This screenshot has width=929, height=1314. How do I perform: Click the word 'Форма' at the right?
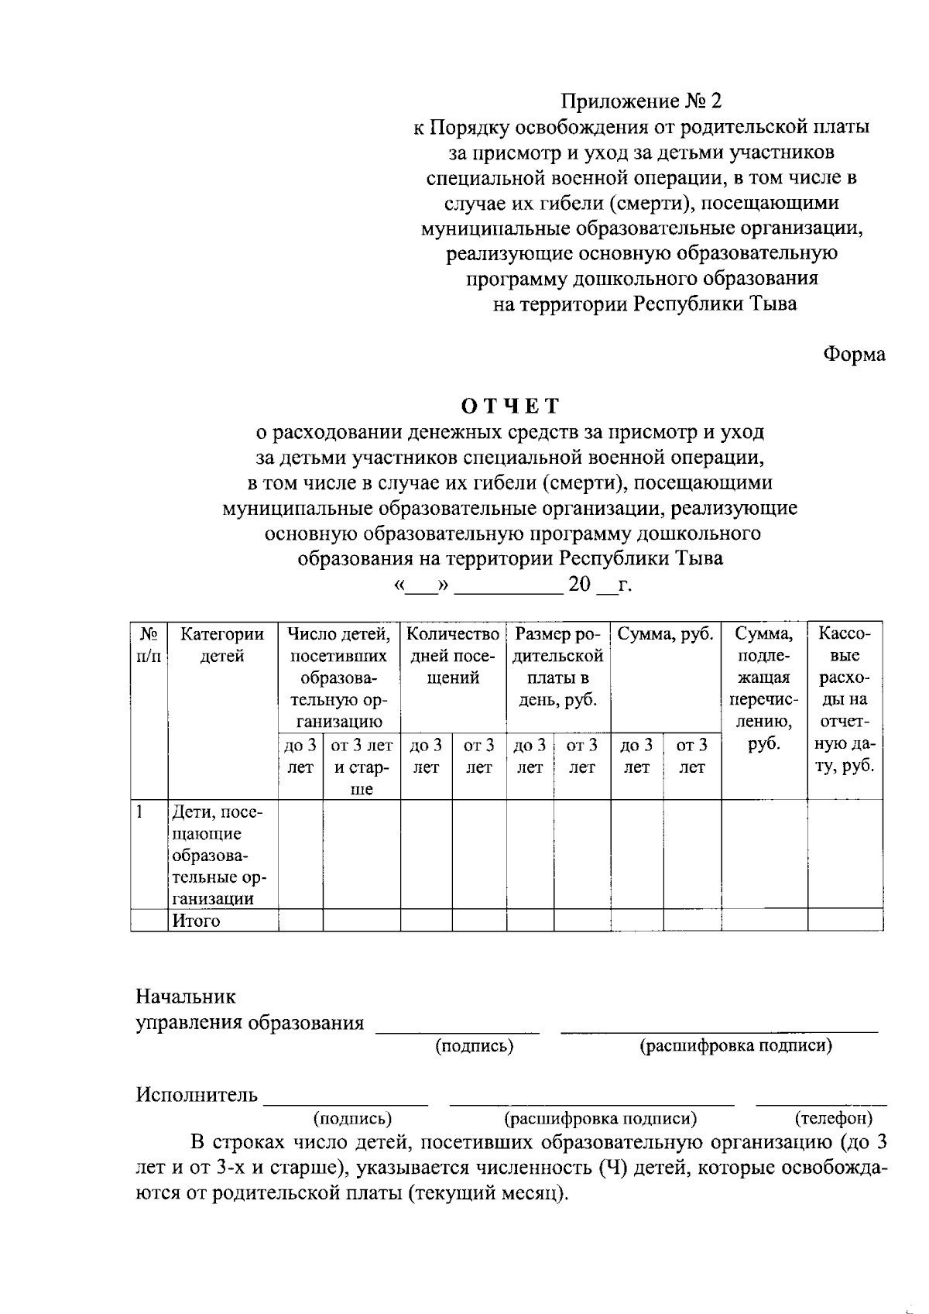coord(853,354)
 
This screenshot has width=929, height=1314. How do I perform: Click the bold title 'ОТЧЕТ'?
coord(509,406)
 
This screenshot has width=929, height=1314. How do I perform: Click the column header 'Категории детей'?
coord(222,645)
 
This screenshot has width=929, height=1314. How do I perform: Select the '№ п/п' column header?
coord(149,645)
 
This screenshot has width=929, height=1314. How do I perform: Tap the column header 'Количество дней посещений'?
coord(453,655)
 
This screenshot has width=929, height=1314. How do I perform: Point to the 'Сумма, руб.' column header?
coord(665,635)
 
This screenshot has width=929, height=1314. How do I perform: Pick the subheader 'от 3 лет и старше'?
coord(361,767)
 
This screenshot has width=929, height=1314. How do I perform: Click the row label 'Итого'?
coord(196,921)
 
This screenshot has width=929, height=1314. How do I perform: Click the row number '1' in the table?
coord(139,812)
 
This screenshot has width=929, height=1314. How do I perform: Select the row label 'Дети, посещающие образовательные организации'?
coord(217,855)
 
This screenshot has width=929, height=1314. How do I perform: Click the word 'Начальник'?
coord(186,996)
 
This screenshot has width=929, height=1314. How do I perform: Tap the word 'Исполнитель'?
coord(197,1094)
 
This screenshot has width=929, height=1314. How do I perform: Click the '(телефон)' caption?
coord(834,1118)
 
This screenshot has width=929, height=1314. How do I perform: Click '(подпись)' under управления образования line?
coord(474,1046)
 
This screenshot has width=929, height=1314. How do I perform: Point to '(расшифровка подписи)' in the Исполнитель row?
coord(600,1118)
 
